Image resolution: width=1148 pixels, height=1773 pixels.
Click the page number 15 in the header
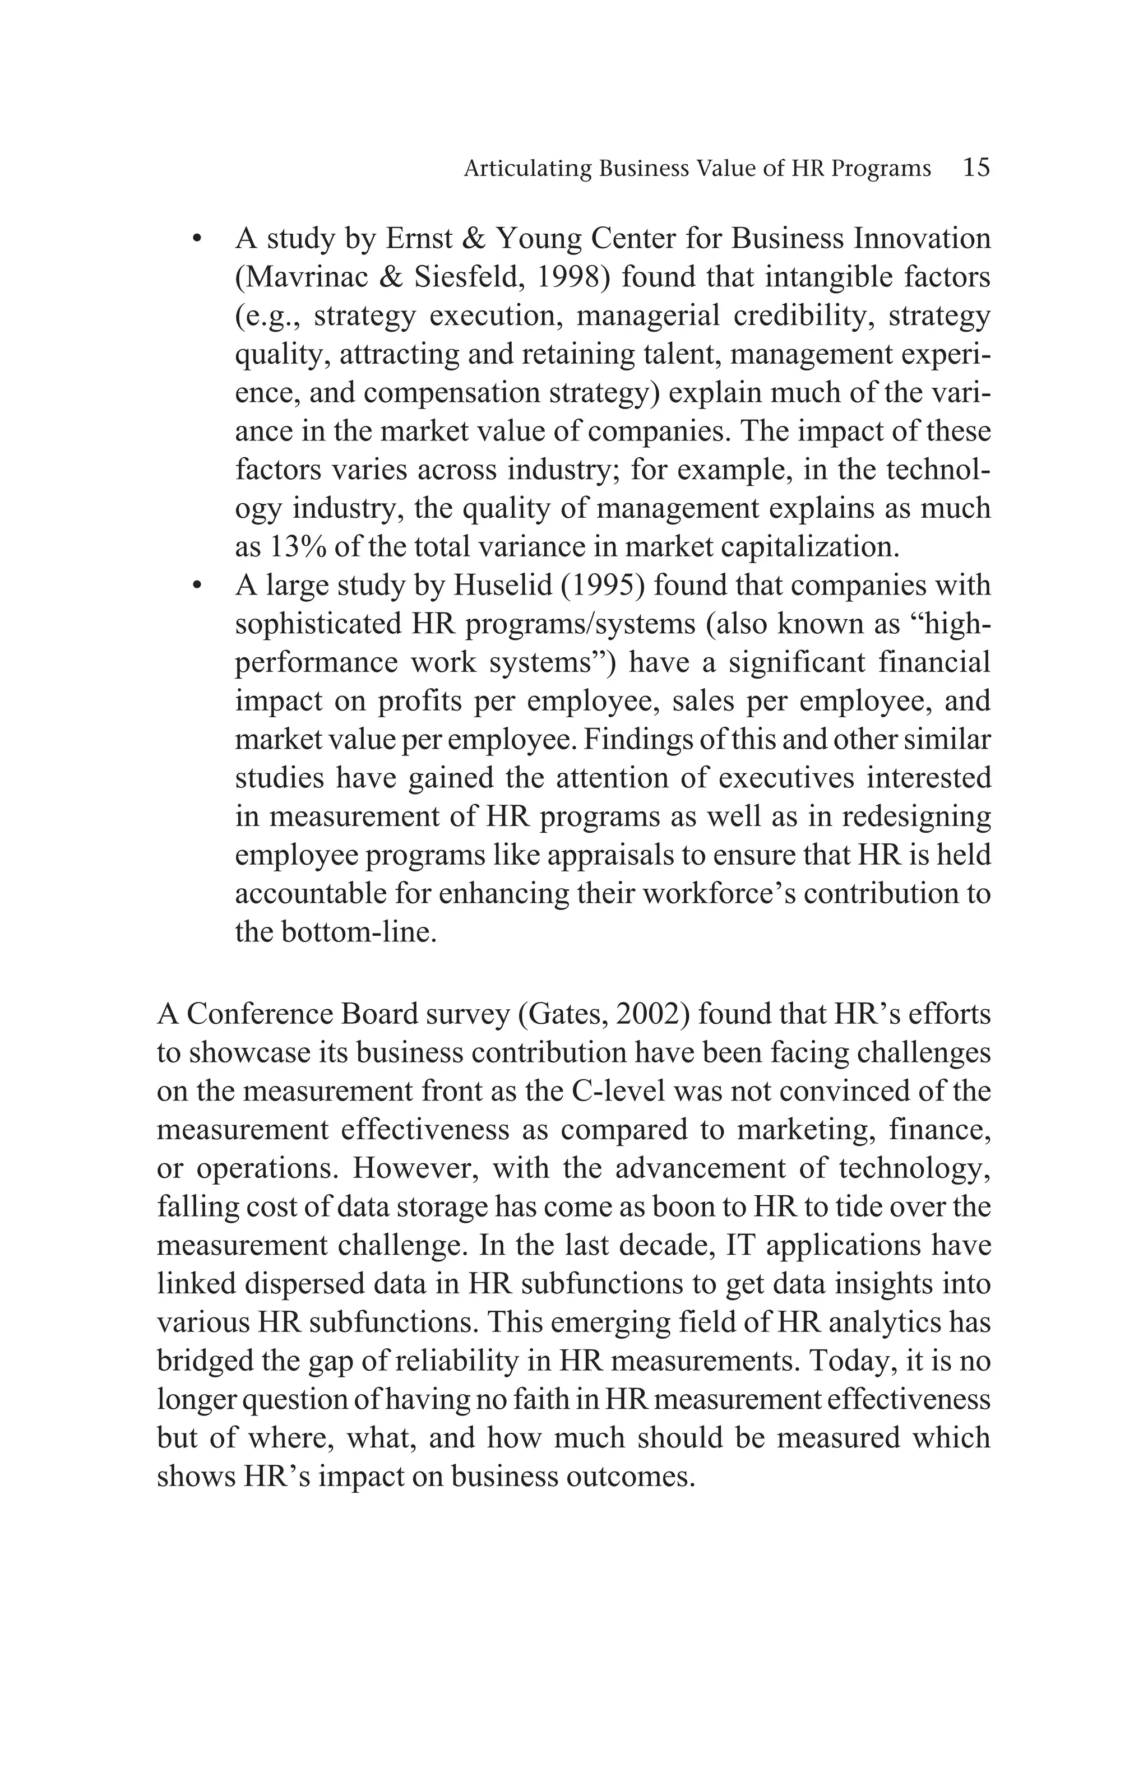pyautogui.click(x=976, y=167)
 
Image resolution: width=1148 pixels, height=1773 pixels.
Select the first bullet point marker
pyautogui.click(x=197, y=240)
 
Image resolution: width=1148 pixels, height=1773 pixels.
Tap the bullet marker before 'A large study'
pyautogui.click(x=197, y=586)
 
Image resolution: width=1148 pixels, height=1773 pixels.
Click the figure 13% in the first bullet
pyautogui.click(x=294, y=547)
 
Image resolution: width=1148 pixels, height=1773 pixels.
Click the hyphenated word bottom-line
pyautogui.click(x=358, y=932)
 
